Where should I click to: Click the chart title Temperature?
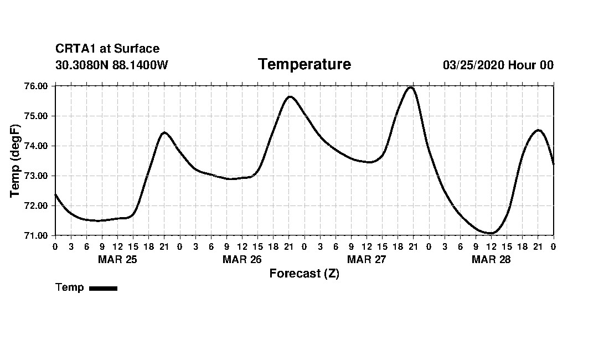pyautogui.click(x=304, y=64)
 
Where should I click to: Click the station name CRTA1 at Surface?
pyautogui.click(x=107, y=49)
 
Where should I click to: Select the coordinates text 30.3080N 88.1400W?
pyautogui.click(x=112, y=65)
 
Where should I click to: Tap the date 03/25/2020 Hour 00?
pyautogui.click(x=498, y=65)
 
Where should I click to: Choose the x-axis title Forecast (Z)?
pyautogui.click(x=304, y=274)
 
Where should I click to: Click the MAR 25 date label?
pyautogui.click(x=117, y=259)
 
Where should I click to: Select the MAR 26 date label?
pyautogui.click(x=242, y=259)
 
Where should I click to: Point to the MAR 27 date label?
pyautogui.click(x=367, y=259)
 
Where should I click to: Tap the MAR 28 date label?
pyautogui.click(x=491, y=259)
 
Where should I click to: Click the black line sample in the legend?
pyautogui.click(x=103, y=288)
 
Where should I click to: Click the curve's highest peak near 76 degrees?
pyautogui.click(x=410, y=87)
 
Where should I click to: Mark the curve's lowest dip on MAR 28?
pyautogui.click(x=491, y=233)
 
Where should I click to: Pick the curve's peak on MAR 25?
pyautogui.click(x=164, y=132)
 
